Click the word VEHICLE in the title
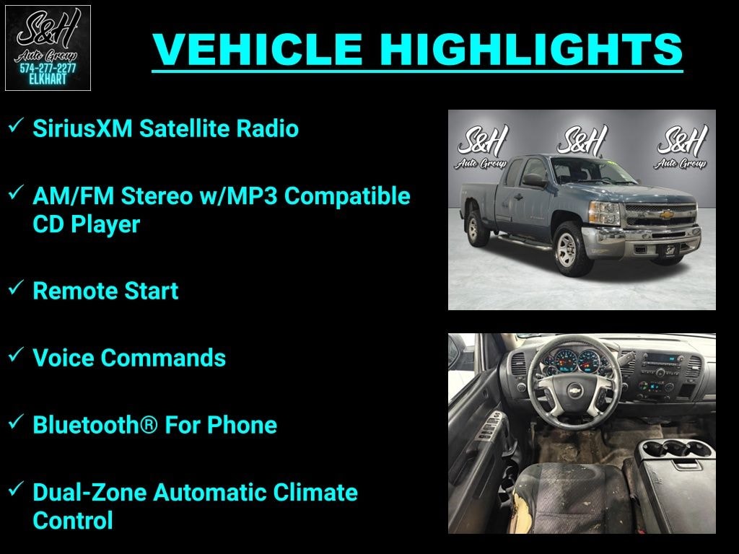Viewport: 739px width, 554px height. (259, 49)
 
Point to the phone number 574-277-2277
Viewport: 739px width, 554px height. (48, 68)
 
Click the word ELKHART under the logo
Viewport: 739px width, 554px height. (48, 79)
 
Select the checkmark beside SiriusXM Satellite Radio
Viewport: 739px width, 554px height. (15, 127)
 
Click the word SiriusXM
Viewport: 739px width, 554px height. (82, 129)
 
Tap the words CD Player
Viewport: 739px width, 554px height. (86, 224)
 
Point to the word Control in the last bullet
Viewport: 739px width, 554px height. (73, 520)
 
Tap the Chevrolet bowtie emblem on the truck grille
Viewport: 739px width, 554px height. (668, 214)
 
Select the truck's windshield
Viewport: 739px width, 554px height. (582, 171)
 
